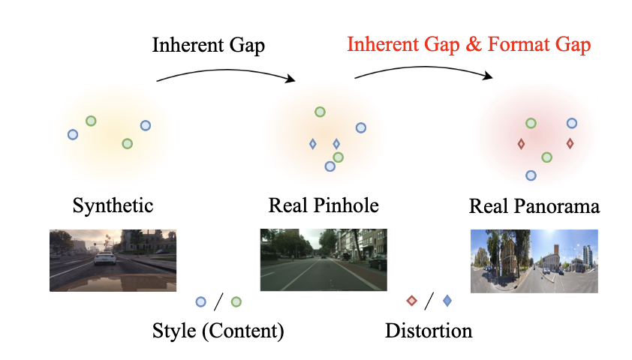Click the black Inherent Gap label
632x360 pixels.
(x=209, y=45)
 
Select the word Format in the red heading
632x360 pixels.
(x=513, y=45)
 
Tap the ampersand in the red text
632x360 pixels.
(x=473, y=45)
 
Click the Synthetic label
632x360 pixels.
(x=113, y=205)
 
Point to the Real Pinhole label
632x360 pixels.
(x=323, y=205)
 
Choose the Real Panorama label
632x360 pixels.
(x=534, y=205)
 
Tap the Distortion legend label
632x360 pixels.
(x=429, y=330)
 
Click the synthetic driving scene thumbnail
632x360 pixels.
(x=113, y=260)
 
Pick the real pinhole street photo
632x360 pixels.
(x=323, y=259)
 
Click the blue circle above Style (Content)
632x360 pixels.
(x=200, y=301)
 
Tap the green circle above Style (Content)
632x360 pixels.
(x=236, y=301)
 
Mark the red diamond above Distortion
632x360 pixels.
(x=411, y=301)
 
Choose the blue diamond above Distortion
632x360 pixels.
(x=447, y=301)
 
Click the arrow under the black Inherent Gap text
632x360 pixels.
(x=225, y=68)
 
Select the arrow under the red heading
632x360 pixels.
(x=424, y=68)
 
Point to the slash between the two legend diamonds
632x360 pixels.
(x=429, y=301)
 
